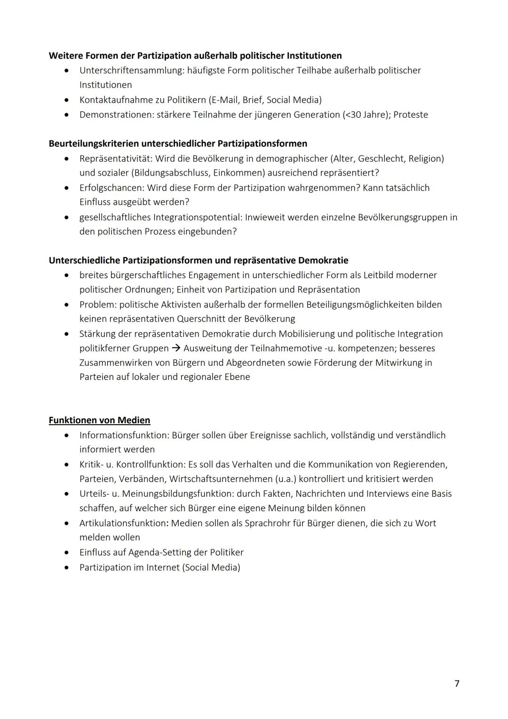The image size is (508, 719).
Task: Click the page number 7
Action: (457, 683)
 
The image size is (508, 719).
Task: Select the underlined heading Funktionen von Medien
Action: (99, 420)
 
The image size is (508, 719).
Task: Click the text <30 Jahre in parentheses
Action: (365, 115)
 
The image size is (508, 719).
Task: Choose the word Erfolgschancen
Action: (111, 188)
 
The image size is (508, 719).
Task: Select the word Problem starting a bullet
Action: (97, 305)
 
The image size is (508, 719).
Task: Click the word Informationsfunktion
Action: (124, 435)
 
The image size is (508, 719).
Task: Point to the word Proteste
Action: (411, 115)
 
